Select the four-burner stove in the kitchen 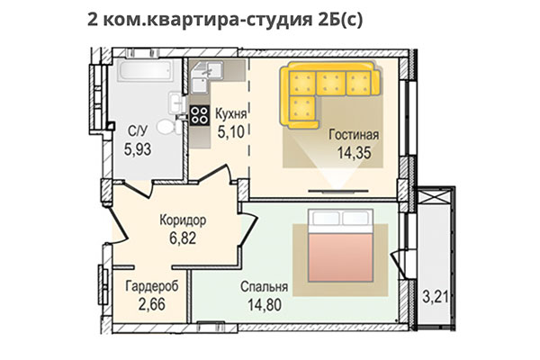199,113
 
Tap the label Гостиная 354,135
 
